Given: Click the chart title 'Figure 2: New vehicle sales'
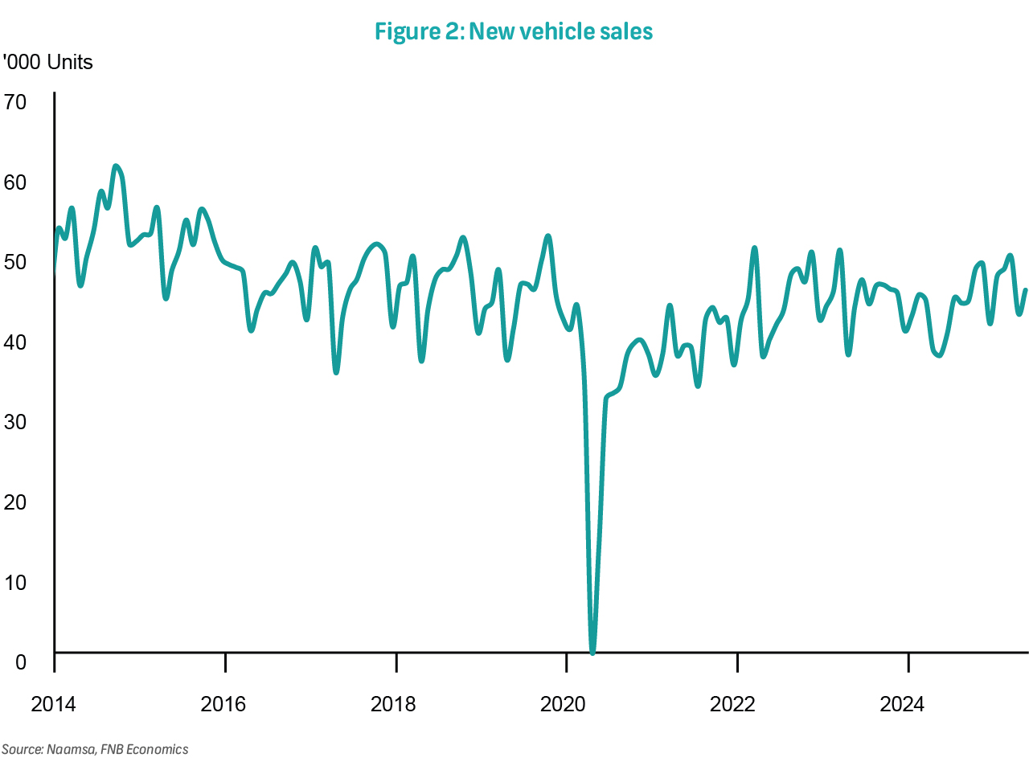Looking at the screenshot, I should (x=514, y=31).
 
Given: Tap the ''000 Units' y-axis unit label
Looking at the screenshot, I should (x=48, y=63).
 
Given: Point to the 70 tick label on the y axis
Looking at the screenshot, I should (x=15, y=102).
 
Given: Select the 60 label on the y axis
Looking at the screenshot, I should (x=15, y=182).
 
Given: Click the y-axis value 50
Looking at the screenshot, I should (x=15, y=262).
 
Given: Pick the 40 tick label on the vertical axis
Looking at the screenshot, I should (x=15, y=342).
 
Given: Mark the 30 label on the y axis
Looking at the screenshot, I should (x=15, y=422).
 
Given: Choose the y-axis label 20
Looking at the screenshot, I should (x=15, y=502).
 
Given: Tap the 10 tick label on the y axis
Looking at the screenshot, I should (x=15, y=583).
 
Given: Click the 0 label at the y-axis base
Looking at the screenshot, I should (x=20, y=662).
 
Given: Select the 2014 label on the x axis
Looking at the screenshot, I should (x=53, y=705).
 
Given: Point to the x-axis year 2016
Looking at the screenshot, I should (x=223, y=705).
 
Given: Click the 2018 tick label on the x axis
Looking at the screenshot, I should (x=393, y=705).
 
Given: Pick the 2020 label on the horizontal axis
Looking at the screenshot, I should (x=564, y=705).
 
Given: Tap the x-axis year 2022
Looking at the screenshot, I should (x=733, y=705).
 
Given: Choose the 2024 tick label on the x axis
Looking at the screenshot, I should (x=903, y=705).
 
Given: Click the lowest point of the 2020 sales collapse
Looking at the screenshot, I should (x=592, y=652).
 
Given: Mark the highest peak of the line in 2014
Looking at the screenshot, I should (x=116, y=166).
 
